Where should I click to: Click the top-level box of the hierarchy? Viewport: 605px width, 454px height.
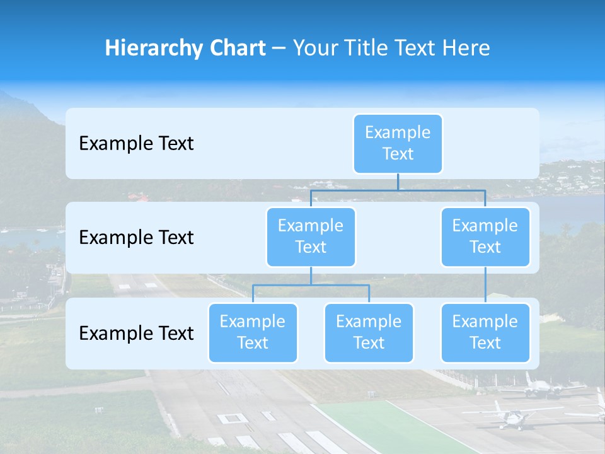tap(398, 143)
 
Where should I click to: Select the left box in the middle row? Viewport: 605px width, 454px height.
tap(311, 236)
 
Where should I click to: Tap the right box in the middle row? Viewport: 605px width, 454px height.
tap(485, 236)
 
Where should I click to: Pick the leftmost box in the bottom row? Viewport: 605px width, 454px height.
tap(253, 332)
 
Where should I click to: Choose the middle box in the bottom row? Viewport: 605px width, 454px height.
tap(369, 332)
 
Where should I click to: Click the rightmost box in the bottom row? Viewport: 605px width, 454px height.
tap(485, 332)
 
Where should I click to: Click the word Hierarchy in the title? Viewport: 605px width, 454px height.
tap(153, 49)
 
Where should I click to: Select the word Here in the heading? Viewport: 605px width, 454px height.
tap(468, 49)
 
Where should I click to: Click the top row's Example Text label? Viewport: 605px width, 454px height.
tap(136, 144)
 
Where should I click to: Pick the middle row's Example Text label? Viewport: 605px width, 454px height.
tap(136, 238)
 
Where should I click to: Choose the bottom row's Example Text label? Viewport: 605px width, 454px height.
tap(136, 333)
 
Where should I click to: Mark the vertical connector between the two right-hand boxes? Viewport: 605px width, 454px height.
tap(485, 285)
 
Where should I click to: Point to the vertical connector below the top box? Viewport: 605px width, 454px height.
tap(398, 182)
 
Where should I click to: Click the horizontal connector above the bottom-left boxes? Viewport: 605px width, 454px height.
tap(311, 285)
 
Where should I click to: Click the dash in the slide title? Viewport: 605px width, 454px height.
tap(279, 49)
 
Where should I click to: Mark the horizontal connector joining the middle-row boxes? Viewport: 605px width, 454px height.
tap(398, 190)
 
